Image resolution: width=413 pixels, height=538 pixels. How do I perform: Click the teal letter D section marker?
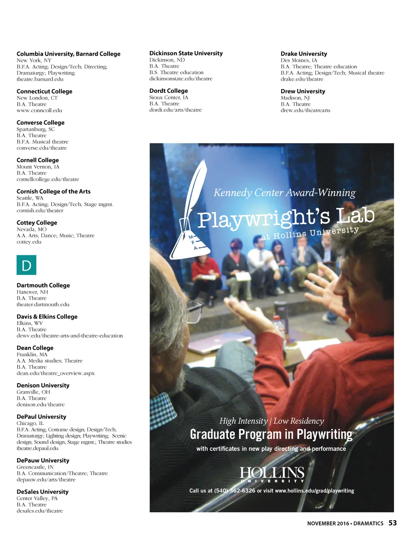click(26, 265)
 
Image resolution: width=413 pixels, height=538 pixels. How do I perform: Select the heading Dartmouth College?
click(43, 285)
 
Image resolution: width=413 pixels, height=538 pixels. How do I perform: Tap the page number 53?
click(392, 523)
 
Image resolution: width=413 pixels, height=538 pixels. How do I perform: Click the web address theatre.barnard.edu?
click(40, 79)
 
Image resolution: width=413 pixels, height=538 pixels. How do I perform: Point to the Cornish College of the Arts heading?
click(53, 191)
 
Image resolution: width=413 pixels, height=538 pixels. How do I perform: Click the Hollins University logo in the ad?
click(272, 474)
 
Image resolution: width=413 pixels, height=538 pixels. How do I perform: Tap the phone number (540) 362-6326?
click(235, 490)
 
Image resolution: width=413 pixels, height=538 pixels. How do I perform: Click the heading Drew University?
click(302, 91)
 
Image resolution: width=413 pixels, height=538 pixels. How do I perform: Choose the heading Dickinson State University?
click(186, 53)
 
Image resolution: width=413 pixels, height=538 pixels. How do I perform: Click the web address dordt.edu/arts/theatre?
click(175, 110)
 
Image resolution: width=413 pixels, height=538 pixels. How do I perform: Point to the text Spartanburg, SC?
click(35, 129)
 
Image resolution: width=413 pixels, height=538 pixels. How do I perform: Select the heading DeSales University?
click(42, 492)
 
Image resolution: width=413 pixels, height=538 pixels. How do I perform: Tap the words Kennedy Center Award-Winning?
click(284, 193)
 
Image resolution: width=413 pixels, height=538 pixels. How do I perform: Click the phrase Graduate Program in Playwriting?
click(271, 434)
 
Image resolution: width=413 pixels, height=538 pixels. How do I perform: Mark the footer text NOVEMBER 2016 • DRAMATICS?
click(345, 523)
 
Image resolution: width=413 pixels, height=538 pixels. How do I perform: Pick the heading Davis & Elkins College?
click(47, 317)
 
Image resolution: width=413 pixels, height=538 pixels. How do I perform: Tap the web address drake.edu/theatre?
click(302, 79)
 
